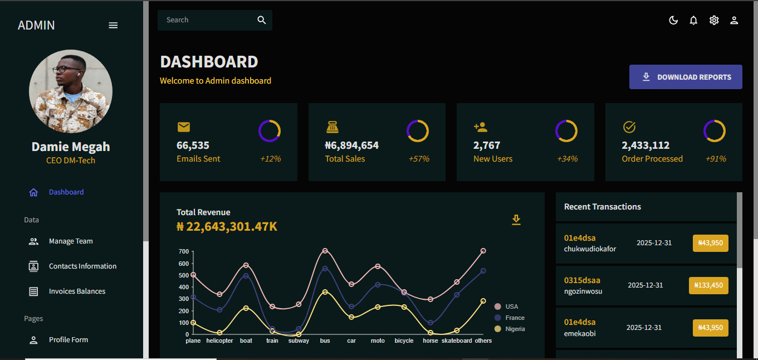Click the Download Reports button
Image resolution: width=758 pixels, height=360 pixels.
686,77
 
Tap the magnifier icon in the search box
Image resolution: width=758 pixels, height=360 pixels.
262,20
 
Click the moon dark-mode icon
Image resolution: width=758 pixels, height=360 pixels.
673,21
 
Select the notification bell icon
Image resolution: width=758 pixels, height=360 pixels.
693,21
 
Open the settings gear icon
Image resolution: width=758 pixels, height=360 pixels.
714,21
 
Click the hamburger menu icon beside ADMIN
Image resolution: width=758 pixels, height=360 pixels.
113,25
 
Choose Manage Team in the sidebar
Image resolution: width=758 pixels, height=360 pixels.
71,241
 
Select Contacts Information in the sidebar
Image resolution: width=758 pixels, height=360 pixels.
82,266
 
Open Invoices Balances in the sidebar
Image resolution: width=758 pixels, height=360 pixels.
77,291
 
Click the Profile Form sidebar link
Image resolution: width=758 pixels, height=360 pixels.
68,340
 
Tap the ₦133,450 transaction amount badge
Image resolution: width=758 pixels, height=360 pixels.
708,285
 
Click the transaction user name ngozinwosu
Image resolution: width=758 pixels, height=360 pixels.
583,291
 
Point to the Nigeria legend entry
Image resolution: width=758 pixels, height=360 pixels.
515,329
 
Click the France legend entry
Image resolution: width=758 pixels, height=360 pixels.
515,318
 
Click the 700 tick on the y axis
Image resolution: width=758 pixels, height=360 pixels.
184,251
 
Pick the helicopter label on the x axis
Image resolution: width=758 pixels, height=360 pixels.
219,340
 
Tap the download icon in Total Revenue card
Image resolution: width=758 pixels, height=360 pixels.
516,220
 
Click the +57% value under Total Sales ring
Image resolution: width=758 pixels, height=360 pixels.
419,159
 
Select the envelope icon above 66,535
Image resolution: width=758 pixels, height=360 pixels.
184,127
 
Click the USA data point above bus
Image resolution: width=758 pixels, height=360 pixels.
325,251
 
